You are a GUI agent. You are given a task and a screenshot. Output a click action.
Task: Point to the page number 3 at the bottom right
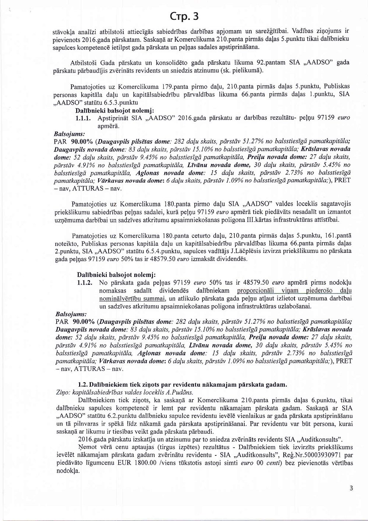(351, 488)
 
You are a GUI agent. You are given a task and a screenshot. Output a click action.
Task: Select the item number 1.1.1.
(84, 119)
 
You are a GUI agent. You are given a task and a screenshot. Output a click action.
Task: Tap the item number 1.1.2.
(84, 283)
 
